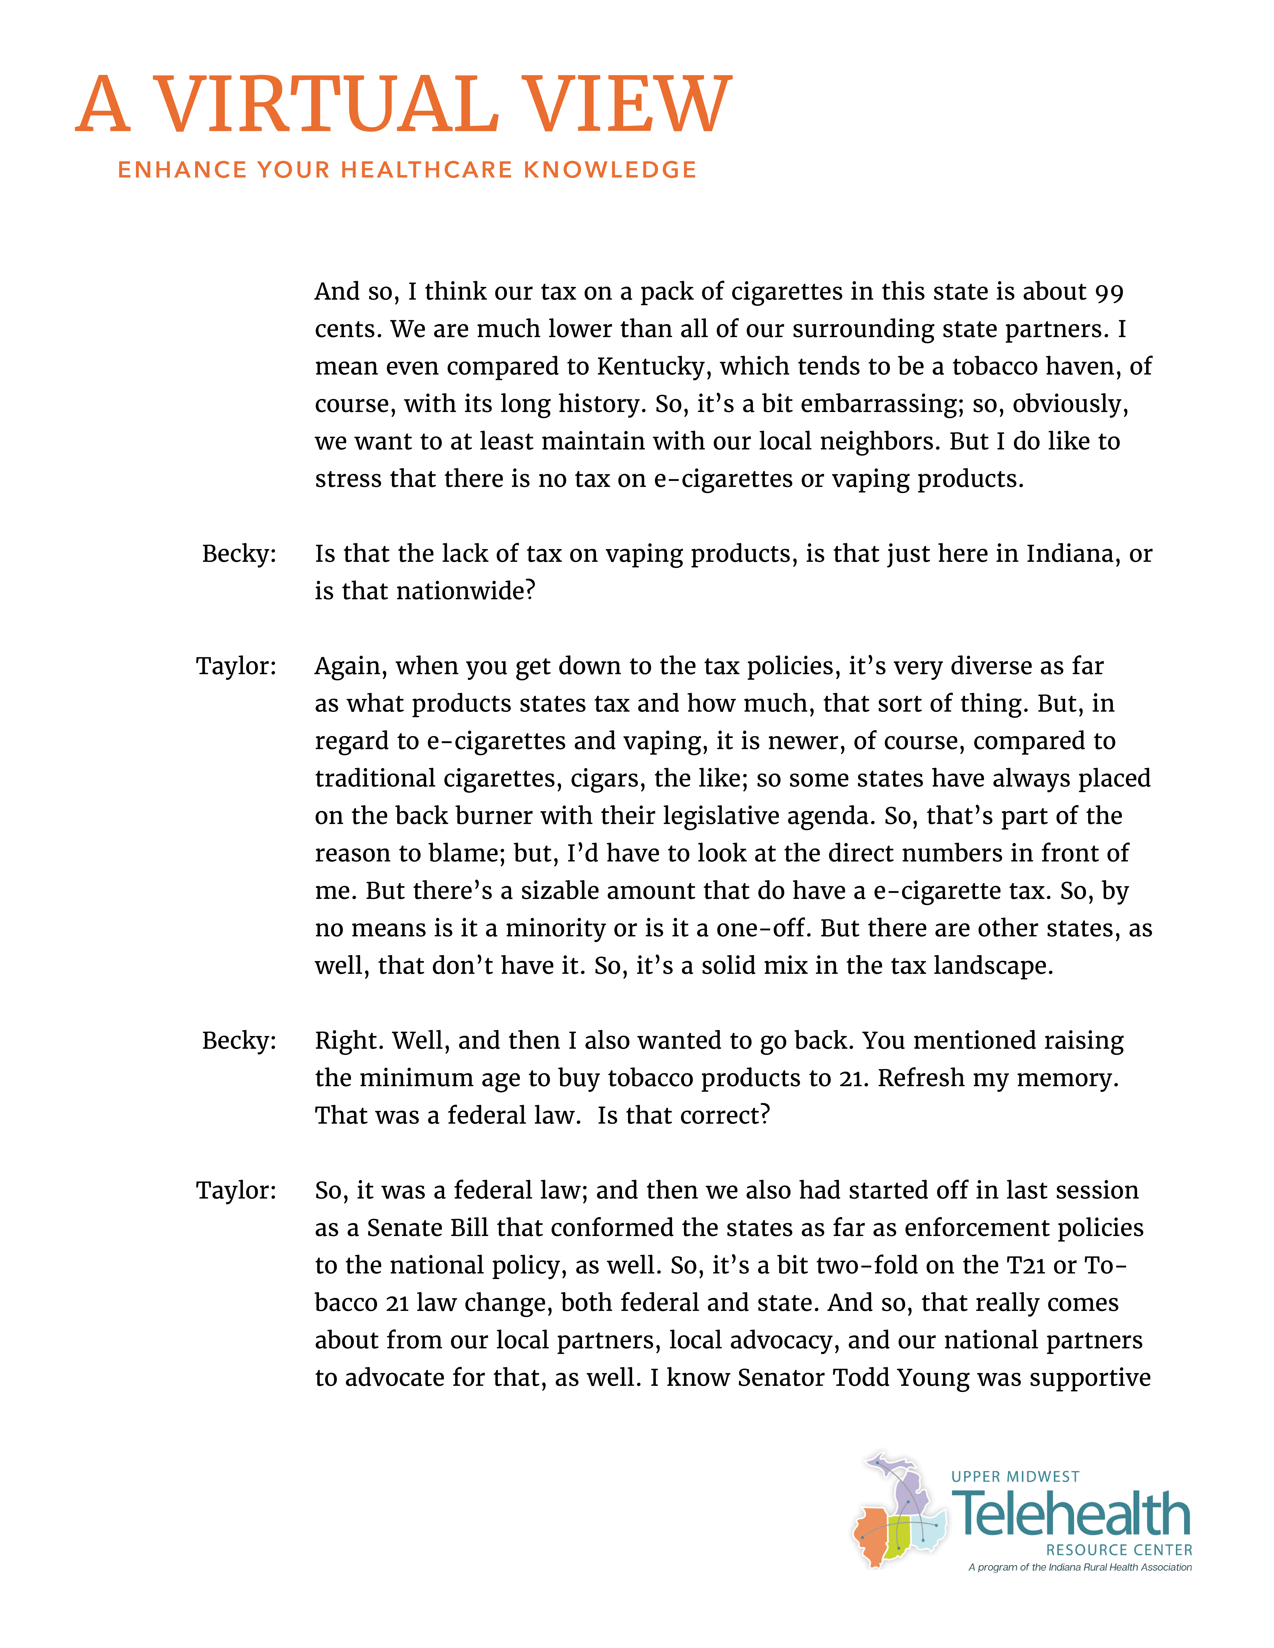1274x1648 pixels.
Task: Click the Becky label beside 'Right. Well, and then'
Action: [x=239, y=1040]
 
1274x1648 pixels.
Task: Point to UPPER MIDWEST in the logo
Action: [x=1015, y=1477]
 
